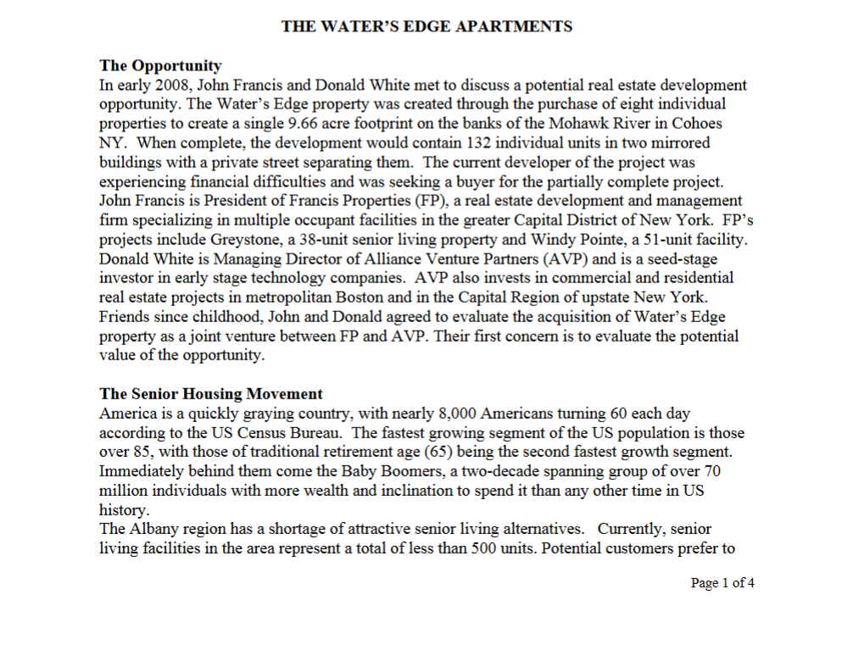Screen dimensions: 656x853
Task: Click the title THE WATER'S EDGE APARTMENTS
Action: pos(426,26)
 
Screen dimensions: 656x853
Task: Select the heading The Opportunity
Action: pos(160,66)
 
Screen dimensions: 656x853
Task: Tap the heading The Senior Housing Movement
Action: pos(211,394)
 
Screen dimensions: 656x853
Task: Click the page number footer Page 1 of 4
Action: pos(722,583)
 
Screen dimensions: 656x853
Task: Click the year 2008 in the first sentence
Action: pos(174,85)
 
